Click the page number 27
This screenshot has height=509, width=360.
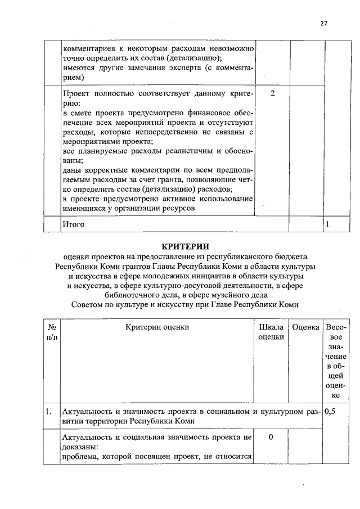(323, 24)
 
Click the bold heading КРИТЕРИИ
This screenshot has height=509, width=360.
(185, 246)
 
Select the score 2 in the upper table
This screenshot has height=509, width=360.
(272, 92)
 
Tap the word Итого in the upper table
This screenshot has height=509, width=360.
(74, 224)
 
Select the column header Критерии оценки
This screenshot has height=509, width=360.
(157, 327)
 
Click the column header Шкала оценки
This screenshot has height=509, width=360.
(271, 332)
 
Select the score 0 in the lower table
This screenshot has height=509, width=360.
(271, 437)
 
